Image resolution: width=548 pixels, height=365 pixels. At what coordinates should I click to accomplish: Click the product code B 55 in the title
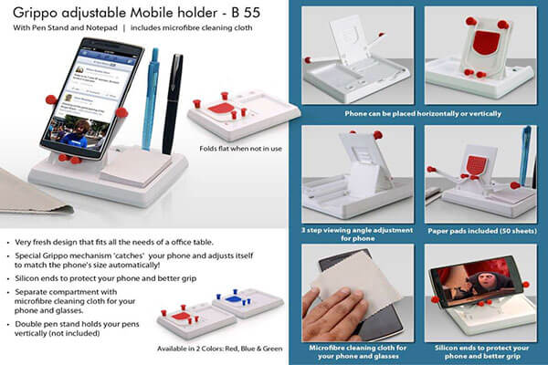coord(246,13)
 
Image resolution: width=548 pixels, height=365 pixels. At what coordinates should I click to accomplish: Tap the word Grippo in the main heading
coord(36,14)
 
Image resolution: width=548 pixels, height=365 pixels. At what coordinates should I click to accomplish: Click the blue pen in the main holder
coord(151,99)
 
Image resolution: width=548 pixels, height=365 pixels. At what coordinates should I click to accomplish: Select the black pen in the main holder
coord(173,103)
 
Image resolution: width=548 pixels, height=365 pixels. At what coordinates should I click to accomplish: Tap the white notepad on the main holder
coord(136,166)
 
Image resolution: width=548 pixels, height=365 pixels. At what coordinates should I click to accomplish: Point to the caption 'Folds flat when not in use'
coord(240,149)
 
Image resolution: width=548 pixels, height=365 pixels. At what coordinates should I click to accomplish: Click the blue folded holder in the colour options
coord(248,303)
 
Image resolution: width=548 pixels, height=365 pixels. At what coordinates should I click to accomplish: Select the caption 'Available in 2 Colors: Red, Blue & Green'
coord(219,349)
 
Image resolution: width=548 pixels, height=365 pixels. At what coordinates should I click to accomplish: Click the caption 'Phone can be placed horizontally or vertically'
coord(423,113)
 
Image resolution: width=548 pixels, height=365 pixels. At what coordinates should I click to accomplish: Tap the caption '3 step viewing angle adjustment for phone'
coord(357,235)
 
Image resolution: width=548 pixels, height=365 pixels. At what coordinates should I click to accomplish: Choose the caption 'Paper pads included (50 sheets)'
coord(482,231)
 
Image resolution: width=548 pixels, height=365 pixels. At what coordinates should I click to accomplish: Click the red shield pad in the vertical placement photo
coord(486,42)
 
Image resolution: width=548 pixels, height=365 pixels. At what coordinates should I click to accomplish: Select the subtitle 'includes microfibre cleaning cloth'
coord(191,28)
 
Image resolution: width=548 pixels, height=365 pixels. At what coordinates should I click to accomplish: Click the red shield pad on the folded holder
coord(220,108)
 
